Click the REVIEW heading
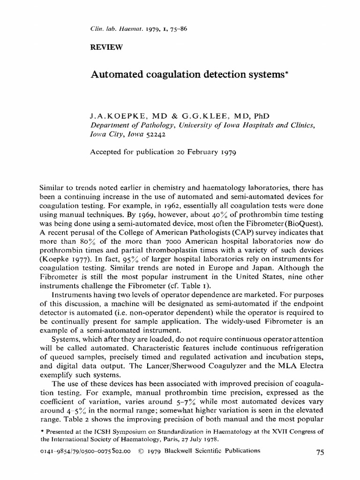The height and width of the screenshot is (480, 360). (106, 47)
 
